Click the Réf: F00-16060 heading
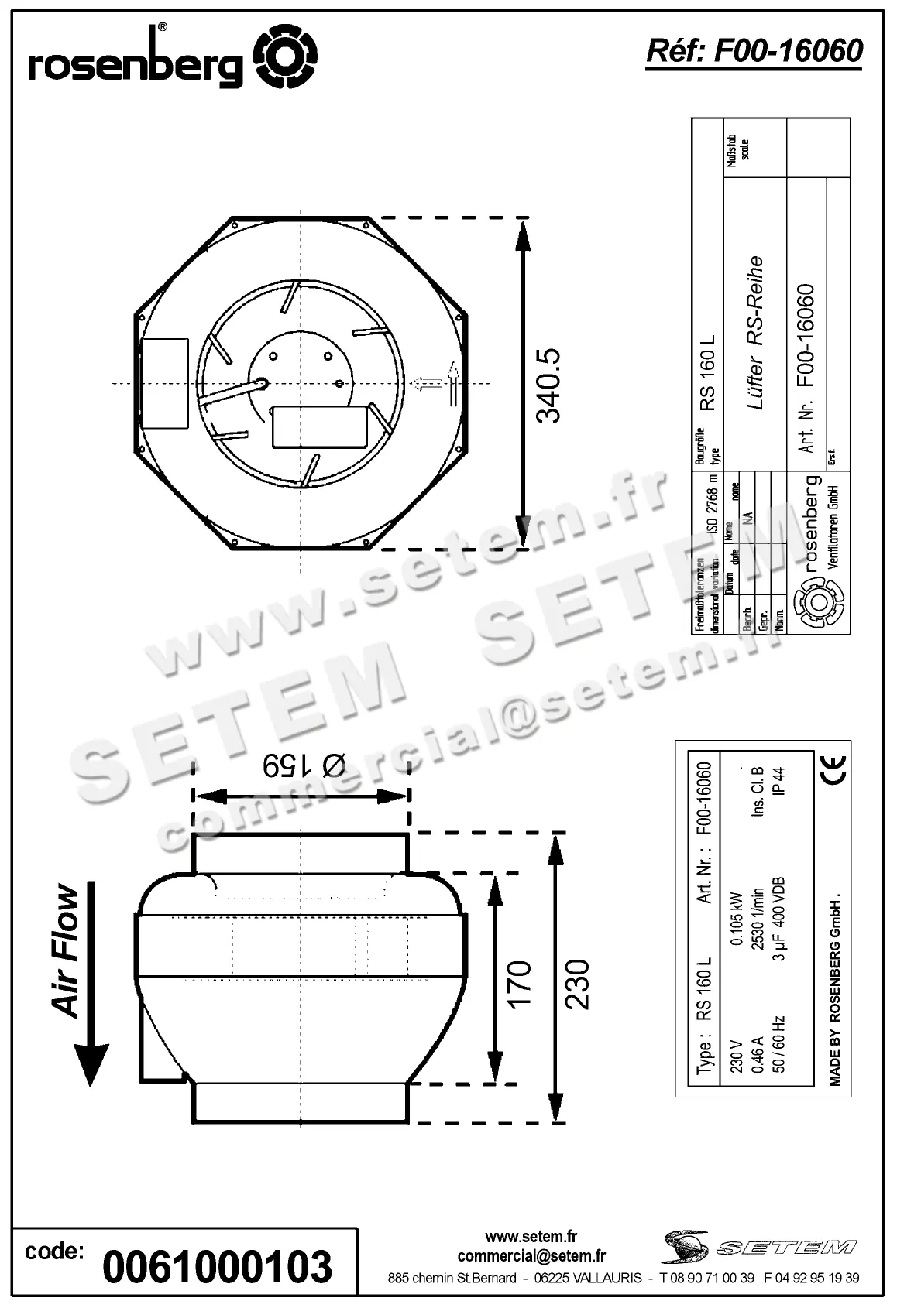754,51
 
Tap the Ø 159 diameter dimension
303,765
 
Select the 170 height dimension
518,983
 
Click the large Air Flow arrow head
91,1064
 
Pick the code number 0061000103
218,1267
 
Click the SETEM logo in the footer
760,1246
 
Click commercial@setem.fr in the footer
531,1255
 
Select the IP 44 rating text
780,781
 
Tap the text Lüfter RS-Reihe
755,333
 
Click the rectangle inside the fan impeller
319,426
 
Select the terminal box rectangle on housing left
164,383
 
